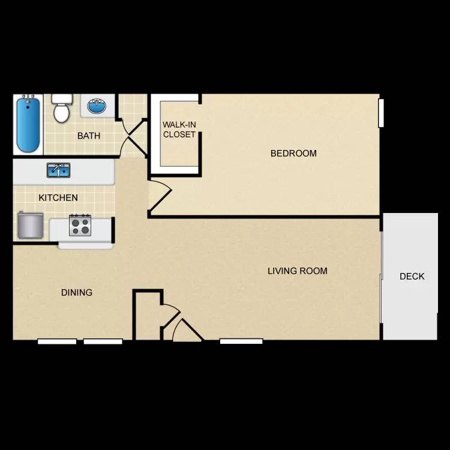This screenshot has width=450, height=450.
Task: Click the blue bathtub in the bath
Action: [28, 125]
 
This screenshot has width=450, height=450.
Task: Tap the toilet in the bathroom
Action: [61, 108]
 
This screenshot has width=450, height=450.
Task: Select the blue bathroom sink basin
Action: [96, 107]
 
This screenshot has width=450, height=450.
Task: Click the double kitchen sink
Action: [58, 170]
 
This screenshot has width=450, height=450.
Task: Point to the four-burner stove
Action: [79, 225]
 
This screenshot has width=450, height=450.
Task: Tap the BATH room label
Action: [89, 136]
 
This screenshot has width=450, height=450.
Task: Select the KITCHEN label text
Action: [58, 197]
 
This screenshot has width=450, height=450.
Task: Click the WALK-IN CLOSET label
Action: [179, 130]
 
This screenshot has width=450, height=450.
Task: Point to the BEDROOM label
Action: [293, 153]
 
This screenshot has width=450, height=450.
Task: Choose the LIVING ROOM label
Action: [298, 271]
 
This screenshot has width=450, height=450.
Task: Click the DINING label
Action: [77, 292]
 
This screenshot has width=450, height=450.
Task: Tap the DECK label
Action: [412, 276]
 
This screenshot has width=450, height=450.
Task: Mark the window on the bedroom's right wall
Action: [380, 112]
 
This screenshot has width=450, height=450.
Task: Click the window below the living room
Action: [241, 341]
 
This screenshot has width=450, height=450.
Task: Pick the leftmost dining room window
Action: [57, 341]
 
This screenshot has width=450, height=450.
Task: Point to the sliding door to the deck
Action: [382, 276]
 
